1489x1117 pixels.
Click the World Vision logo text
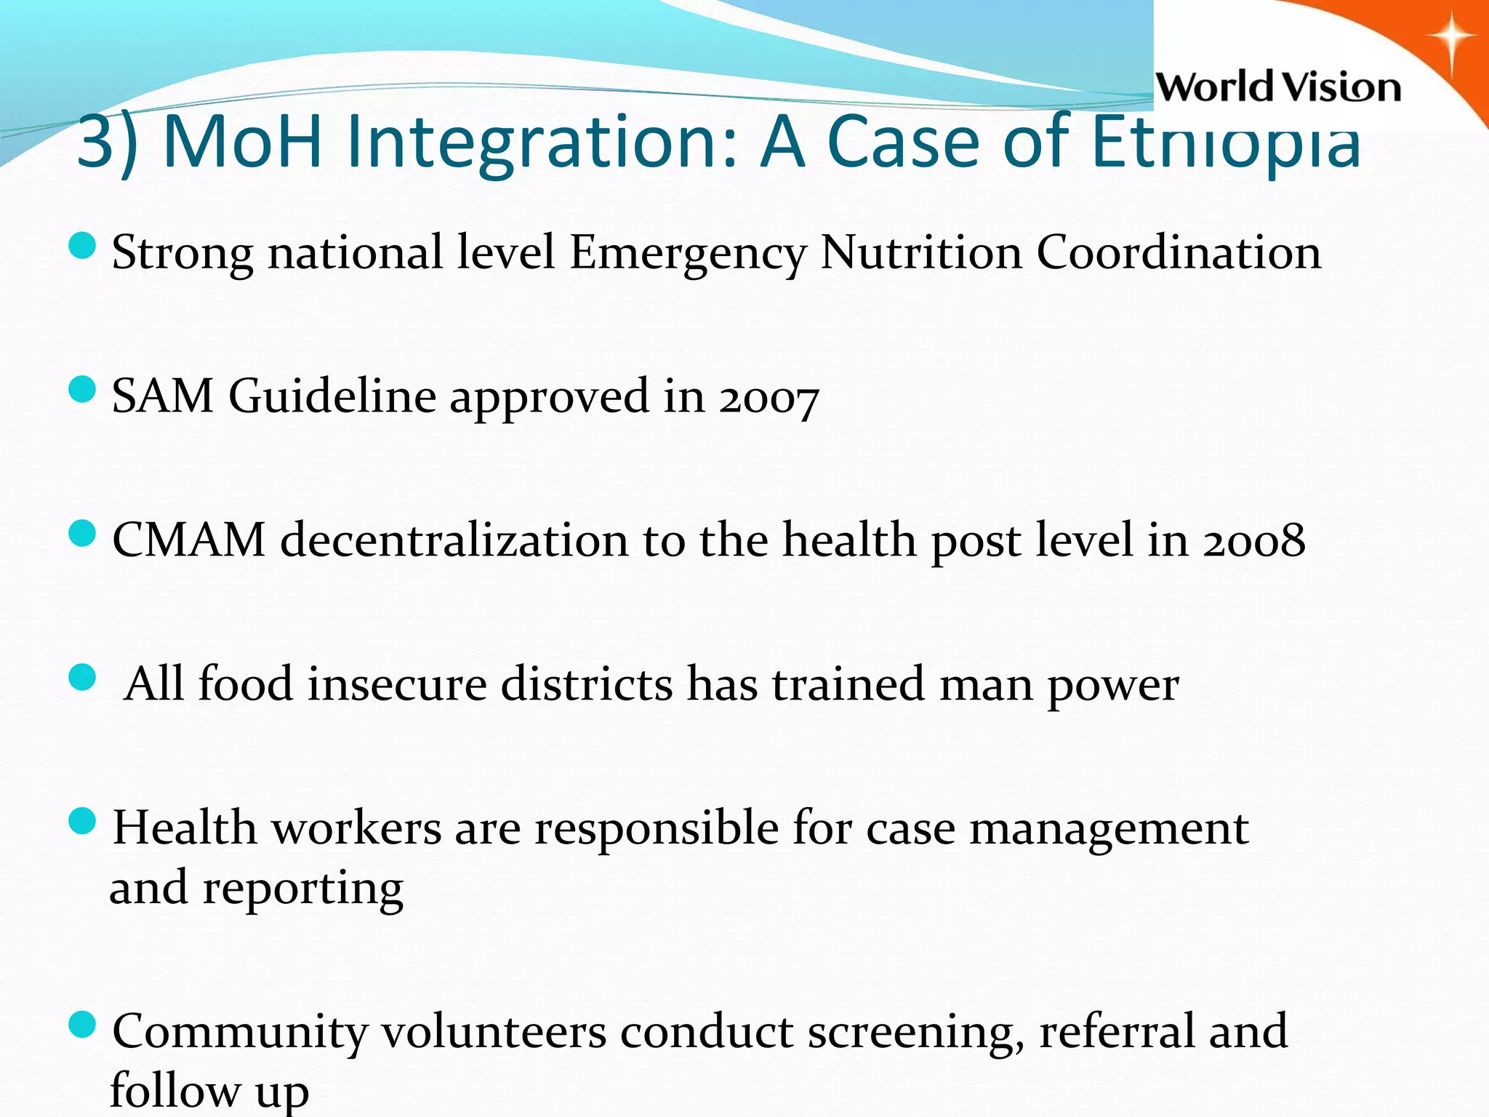click(x=1277, y=87)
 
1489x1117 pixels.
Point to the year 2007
click(x=769, y=398)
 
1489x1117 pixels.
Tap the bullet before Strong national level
click(x=82, y=246)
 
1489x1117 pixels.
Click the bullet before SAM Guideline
click(x=82, y=389)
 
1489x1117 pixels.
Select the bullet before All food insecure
click(x=82, y=678)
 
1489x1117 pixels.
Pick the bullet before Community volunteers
click(x=82, y=1025)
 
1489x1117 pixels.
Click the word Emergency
click(x=688, y=254)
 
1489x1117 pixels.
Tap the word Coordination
click(x=1179, y=252)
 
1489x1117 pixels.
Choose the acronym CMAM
click(x=189, y=540)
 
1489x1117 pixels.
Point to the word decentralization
click(x=454, y=540)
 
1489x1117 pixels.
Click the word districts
click(x=587, y=684)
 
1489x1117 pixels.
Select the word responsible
click(x=657, y=829)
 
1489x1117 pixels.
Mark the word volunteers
click(x=494, y=1031)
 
